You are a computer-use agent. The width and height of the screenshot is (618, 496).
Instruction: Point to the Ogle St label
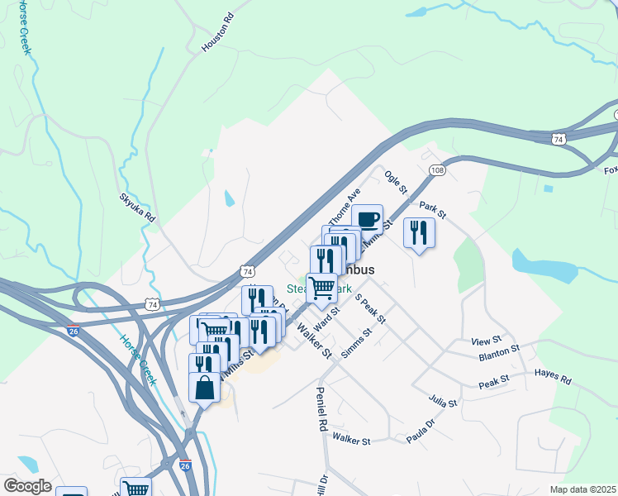tap(396, 183)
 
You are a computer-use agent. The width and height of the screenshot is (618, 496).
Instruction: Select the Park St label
tap(432, 211)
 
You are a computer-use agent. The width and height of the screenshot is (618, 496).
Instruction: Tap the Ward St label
tap(328, 316)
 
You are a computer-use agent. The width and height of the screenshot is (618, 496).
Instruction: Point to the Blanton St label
tap(499, 355)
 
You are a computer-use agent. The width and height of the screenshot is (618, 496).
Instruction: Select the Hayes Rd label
tap(553, 378)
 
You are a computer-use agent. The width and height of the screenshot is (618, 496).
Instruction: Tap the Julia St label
tap(443, 401)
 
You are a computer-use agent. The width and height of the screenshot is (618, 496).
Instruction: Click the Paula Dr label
tap(420, 433)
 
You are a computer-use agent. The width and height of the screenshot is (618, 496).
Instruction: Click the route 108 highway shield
tap(438, 169)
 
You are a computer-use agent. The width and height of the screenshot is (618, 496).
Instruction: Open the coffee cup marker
tap(368, 220)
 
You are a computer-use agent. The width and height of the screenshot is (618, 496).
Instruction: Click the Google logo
tap(27, 486)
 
